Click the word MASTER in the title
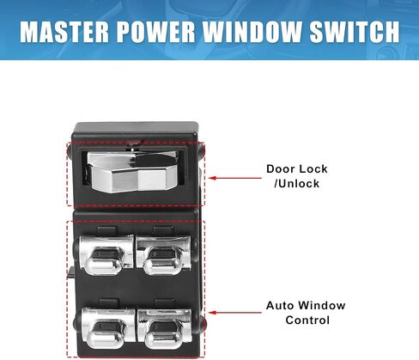pyautogui.click(x=64, y=32)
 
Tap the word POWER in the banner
pyautogui.click(x=156, y=32)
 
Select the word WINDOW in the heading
pyautogui.click(x=252, y=32)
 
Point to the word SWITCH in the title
pyautogui.click(x=355, y=32)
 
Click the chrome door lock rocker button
pyautogui.click(x=132, y=171)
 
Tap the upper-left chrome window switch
pyautogui.click(x=106, y=254)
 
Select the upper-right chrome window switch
pyautogui.click(x=163, y=255)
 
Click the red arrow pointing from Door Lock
pyautogui.click(x=235, y=178)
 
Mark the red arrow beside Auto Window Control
pyautogui.click(x=235, y=313)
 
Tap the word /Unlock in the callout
pyautogui.click(x=296, y=184)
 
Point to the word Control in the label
pyautogui.click(x=307, y=320)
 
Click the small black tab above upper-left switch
pyautogui.click(x=107, y=230)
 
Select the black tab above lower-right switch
pyautogui.click(x=165, y=303)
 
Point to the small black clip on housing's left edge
pyautogui.click(x=70, y=272)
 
